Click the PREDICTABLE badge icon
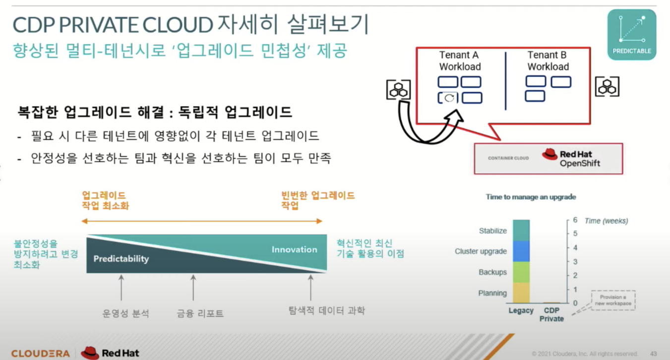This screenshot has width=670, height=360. (x=631, y=35)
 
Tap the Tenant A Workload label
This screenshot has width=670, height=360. (x=460, y=61)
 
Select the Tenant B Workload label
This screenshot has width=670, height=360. (x=548, y=61)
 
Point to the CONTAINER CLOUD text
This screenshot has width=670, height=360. (x=508, y=158)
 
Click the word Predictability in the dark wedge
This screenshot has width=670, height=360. (x=121, y=259)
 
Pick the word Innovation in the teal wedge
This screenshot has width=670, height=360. (x=294, y=249)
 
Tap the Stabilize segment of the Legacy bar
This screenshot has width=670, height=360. (x=521, y=230)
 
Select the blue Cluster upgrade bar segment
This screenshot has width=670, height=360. (x=521, y=251)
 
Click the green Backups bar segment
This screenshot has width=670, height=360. (x=521, y=272)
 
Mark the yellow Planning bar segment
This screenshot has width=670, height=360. (x=521, y=293)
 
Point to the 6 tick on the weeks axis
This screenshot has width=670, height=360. (x=575, y=220)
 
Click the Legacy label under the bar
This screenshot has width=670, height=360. (x=521, y=311)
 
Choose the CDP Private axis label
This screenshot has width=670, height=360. (x=551, y=315)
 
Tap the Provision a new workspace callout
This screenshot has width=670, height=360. (x=613, y=300)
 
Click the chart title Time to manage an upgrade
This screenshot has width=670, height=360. (x=531, y=197)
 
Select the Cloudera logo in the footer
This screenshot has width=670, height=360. (x=40, y=354)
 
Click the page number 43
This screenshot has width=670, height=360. (x=653, y=354)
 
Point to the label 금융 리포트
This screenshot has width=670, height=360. (x=200, y=313)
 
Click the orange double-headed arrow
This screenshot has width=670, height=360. (x=202, y=221)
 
